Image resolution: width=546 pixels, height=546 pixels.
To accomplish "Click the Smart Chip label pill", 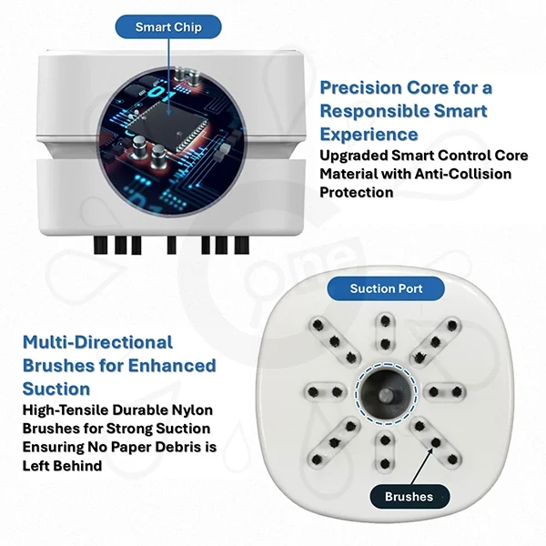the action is [x=168, y=26].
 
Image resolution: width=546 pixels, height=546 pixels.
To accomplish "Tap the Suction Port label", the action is [x=386, y=288].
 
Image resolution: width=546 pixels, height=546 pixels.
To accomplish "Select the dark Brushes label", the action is [x=409, y=496].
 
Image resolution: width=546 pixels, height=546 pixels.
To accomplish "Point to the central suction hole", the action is [x=386, y=394].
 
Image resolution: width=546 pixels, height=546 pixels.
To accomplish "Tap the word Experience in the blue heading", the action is [x=369, y=135].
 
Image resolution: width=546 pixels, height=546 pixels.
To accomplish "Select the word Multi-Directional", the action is [x=97, y=342].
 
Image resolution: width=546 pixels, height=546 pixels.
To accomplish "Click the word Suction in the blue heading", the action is [x=56, y=389].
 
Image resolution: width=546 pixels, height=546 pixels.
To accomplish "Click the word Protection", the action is [x=357, y=192].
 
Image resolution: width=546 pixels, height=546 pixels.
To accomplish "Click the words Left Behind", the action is [x=62, y=466].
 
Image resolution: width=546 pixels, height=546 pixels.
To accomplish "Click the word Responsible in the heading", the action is [x=374, y=111].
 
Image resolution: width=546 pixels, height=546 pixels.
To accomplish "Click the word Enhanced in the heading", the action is [x=172, y=366].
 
